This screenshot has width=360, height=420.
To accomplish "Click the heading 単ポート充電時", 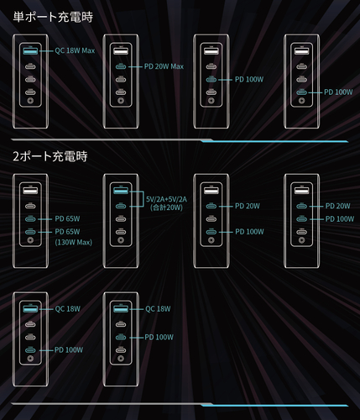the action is click(53, 17).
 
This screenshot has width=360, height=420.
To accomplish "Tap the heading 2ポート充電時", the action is click(50, 156).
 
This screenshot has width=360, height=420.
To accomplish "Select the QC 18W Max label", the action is click(75, 50).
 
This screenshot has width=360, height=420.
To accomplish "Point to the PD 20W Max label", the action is click(164, 66).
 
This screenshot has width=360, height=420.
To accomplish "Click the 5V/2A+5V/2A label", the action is click(166, 199).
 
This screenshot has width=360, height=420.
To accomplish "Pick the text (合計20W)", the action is click(166, 207).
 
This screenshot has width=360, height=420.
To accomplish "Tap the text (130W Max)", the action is click(73, 242).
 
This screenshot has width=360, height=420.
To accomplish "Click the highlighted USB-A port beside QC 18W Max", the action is click(30, 51).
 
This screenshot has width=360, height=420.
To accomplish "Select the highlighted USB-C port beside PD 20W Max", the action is click(121, 66).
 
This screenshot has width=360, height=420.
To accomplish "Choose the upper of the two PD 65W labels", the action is click(67, 218).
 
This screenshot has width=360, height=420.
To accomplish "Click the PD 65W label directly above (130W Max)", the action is click(67, 232).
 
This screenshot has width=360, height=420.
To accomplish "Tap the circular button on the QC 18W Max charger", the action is click(30, 101).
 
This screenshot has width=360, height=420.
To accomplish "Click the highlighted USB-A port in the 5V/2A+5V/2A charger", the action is click(121, 191).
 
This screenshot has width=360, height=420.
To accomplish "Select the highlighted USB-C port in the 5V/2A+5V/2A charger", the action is click(121, 206).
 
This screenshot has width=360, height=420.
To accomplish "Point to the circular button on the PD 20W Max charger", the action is click(121, 101).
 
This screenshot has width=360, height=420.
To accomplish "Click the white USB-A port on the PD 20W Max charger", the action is click(121, 51).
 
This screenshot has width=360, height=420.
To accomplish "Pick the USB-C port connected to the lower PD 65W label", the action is click(30, 232).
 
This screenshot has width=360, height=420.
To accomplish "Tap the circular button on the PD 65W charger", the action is click(30, 240).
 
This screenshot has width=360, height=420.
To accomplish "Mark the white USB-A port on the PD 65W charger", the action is click(30, 191).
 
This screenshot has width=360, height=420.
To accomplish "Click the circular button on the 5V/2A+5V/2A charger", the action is click(121, 240).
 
